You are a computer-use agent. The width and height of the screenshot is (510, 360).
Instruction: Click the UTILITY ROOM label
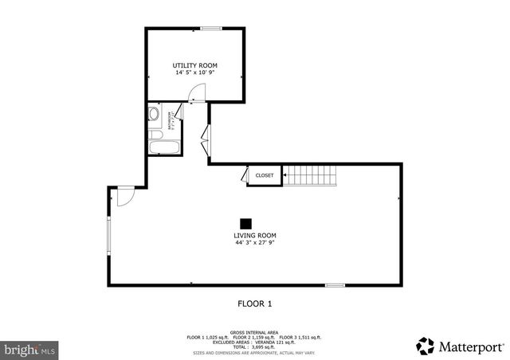tap(195, 65)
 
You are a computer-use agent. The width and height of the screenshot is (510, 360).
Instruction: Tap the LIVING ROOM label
tap(255, 236)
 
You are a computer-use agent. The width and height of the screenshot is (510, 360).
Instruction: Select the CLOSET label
tap(264, 175)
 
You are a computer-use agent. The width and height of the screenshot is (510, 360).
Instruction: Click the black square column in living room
tap(246, 223)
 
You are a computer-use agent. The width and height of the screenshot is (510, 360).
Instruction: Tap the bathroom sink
tap(153, 115)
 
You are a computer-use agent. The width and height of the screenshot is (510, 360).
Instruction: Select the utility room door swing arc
tap(196, 92)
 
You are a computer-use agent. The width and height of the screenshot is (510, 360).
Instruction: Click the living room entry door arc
tap(125, 197)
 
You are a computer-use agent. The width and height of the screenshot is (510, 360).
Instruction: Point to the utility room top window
tap(211, 29)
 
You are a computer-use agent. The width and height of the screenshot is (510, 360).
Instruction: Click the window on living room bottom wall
tap(335, 284)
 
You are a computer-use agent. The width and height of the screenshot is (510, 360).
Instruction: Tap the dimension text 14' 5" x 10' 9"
tap(195, 73)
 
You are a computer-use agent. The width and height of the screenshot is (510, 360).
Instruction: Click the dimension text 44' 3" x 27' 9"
tap(255, 244)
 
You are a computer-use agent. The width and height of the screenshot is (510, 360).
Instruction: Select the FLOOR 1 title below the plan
tap(255, 303)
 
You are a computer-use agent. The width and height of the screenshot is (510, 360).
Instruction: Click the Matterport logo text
tap(470, 346)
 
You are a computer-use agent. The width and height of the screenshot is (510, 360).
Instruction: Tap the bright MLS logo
tap(30, 349)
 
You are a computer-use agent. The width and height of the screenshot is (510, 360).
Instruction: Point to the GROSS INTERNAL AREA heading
tap(254, 331)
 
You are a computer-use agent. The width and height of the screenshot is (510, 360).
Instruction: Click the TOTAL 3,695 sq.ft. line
tap(254, 347)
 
